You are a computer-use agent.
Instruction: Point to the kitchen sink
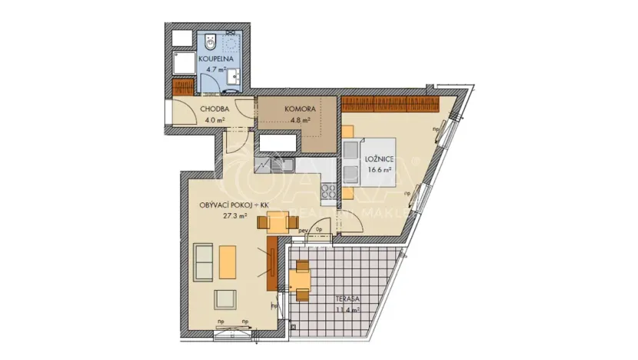[281, 165]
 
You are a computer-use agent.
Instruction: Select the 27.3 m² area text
[234, 217]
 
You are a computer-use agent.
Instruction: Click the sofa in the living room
[204, 262]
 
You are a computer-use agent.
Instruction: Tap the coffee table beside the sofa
[228, 262]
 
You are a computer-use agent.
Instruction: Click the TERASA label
[349, 299]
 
